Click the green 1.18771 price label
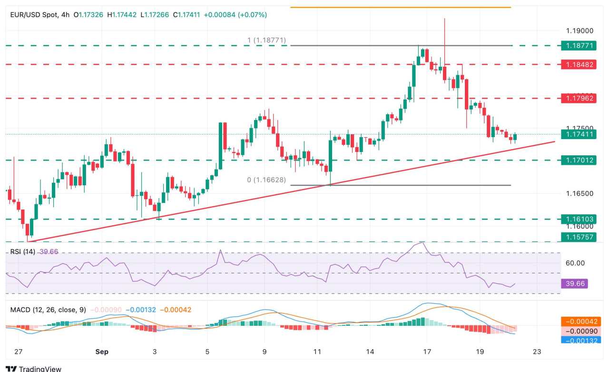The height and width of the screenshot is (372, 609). tap(578, 46)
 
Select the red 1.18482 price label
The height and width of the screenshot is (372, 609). tap(578, 64)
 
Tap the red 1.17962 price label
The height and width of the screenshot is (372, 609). tap(578, 99)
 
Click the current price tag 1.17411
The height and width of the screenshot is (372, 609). tap(578, 135)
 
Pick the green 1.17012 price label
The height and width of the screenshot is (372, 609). tap(578, 160)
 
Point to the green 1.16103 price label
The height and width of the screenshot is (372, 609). tap(578, 220)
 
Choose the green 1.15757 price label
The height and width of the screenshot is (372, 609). tap(578, 237)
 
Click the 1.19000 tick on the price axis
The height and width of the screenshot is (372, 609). tap(580, 30)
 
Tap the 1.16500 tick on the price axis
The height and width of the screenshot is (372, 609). tap(580, 193)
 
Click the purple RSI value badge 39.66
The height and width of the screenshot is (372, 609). tap(574, 284)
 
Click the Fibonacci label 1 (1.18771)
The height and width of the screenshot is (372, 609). tap(266, 40)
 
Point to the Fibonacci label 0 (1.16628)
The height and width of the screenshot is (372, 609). tap(267, 180)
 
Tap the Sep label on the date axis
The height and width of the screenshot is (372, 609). tap(102, 352)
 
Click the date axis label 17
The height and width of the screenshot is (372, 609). tap(426, 352)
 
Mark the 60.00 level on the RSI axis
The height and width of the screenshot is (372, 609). tap(575, 263)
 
